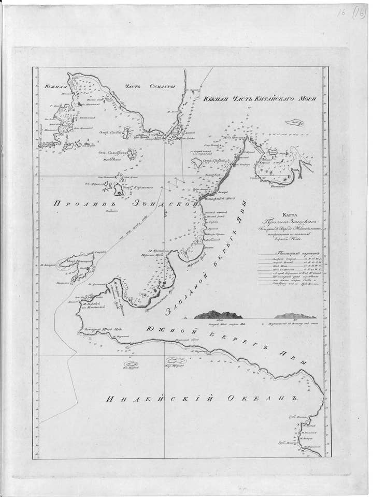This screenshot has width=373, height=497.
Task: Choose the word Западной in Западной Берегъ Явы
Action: pyautogui.click(x=185, y=299)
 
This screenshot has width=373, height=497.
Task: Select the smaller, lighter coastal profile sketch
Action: pyautogui.click(x=295, y=315)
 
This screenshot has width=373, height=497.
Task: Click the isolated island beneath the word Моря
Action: pyautogui.click(x=294, y=123)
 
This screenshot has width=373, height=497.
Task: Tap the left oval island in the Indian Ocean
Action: pyautogui.click(x=131, y=364)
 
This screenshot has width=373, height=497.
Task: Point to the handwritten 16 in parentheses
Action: pyautogui.click(x=359, y=13)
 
